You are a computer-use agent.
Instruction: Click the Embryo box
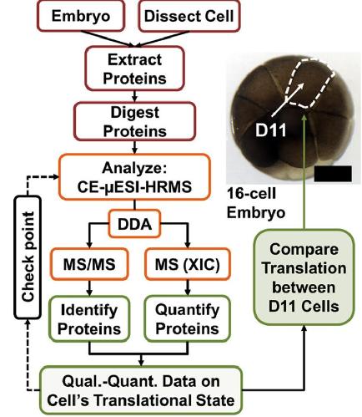click(x=81, y=16)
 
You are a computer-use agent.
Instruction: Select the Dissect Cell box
click(x=189, y=16)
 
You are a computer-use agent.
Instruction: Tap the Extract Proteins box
click(x=135, y=69)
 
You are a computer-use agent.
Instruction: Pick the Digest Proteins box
click(x=135, y=121)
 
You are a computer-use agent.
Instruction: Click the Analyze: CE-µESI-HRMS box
click(x=134, y=177)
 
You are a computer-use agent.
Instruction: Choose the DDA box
click(x=134, y=224)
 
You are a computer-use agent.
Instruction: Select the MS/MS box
click(x=89, y=264)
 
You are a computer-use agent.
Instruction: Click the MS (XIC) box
click(x=188, y=264)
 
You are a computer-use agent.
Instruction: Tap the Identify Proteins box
click(x=89, y=319)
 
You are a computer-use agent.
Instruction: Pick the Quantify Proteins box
click(x=188, y=319)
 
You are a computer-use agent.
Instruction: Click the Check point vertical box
click(x=28, y=257)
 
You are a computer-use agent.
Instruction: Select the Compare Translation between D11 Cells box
click(x=304, y=277)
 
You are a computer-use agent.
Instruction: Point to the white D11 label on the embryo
click(x=270, y=130)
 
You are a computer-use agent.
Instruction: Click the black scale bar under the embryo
click(x=333, y=173)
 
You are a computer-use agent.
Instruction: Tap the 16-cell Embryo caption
click(x=256, y=203)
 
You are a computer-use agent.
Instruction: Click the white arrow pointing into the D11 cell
click(x=287, y=100)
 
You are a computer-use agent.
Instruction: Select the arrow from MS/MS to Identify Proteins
click(x=89, y=287)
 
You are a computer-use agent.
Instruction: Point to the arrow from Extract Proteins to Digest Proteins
click(x=135, y=96)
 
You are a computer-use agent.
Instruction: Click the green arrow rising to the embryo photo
click(x=304, y=172)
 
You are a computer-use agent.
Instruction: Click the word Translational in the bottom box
click(x=138, y=401)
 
